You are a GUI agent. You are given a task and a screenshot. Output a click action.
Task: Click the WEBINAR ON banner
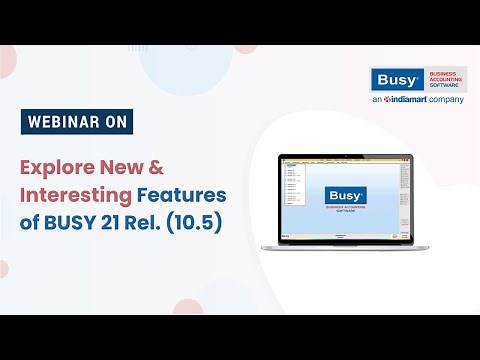[75, 123]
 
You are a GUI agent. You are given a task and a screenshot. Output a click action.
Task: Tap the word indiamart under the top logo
[411, 101]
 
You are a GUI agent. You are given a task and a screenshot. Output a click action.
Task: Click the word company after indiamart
[451, 101]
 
